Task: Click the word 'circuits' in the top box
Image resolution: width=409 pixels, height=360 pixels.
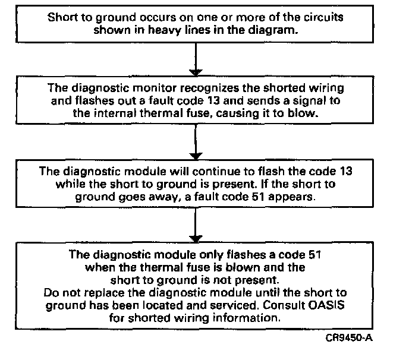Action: point(325,18)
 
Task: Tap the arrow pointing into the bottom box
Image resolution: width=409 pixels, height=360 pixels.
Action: point(196,226)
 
